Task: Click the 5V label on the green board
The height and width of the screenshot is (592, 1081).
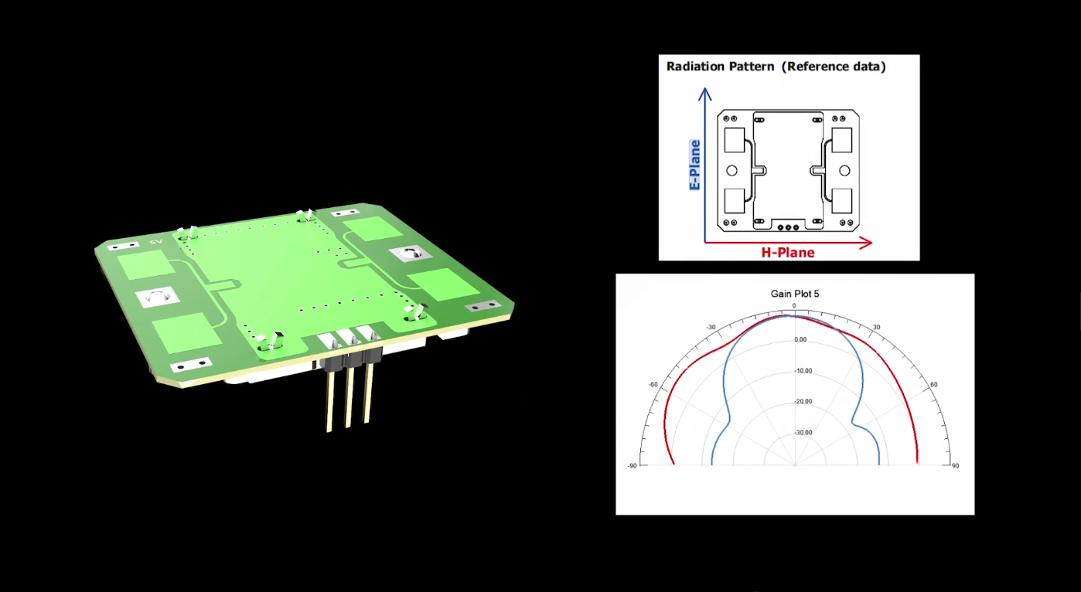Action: (156, 242)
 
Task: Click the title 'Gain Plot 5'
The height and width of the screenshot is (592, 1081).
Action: (794, 294)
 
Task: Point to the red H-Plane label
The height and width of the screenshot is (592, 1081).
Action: (788, 253)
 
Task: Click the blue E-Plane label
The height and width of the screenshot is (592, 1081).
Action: (694, 165)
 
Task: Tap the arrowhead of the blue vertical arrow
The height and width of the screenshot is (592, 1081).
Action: (704, 94)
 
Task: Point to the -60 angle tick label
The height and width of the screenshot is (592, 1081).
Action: (653, 384)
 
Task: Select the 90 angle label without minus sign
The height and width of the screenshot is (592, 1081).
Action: (955, 466)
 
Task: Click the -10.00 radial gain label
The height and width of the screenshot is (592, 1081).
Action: (803, 371)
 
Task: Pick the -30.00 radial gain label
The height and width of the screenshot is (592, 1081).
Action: (803, 433)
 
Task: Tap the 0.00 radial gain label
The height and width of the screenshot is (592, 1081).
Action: (800, 340)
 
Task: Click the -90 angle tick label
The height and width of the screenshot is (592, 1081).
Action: (632, 466)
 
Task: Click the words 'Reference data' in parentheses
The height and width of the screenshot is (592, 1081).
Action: (834, 66)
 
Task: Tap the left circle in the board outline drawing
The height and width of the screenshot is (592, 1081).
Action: (732, 170)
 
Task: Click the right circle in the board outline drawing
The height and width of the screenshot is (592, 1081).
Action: (844, 170)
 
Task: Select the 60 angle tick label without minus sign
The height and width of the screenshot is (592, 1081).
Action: (934, 384)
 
